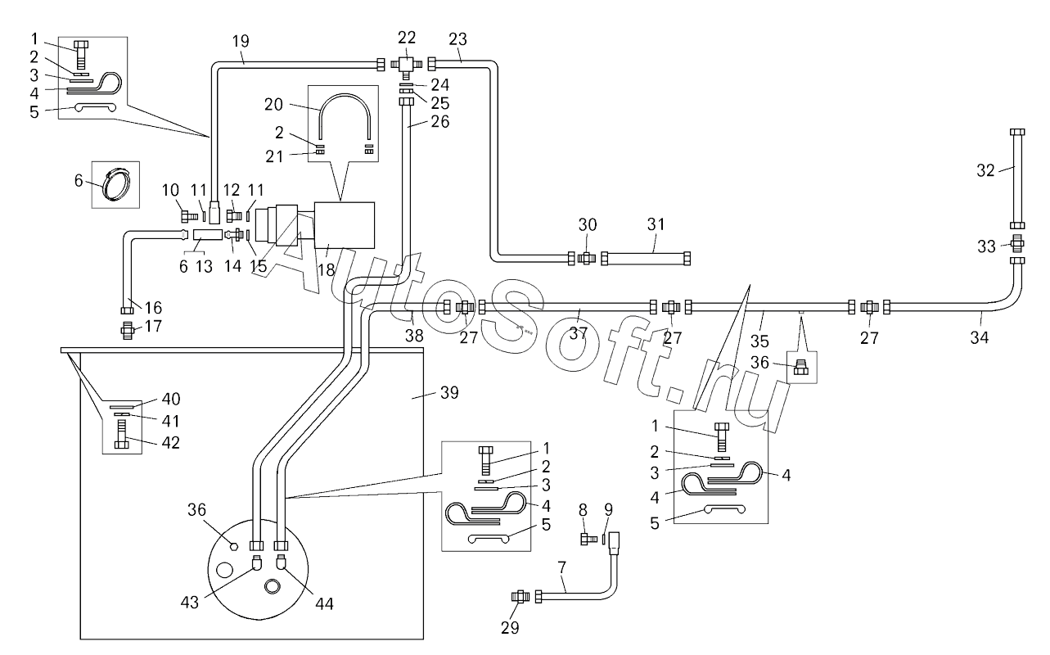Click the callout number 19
(241, 41)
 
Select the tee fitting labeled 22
(407, 65)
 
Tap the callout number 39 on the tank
(449, 393)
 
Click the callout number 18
(327, 270)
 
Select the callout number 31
(656, 224)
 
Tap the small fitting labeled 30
(586, 258)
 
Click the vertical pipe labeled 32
(1017, 178)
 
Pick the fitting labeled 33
(1017, 244)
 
